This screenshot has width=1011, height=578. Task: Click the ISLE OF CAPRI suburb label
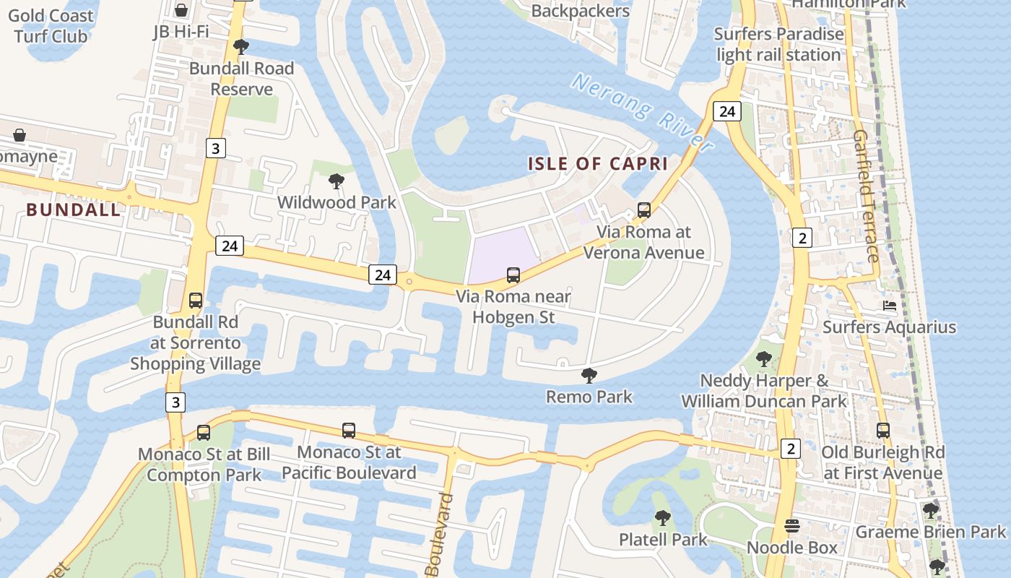(598, 163)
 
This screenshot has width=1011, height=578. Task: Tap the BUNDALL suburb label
(74, 210)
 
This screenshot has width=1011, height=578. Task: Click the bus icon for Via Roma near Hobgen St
(513, 275)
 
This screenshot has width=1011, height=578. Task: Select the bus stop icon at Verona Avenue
(644, 210)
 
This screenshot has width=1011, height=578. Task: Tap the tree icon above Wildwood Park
(336, 181)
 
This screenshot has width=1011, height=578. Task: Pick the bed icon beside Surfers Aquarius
(890, 306)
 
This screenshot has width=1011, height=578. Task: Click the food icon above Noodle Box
(792, 526)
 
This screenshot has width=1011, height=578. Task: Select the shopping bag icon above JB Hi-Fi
(181, 10)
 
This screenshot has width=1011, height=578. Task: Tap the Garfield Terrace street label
(865, 196)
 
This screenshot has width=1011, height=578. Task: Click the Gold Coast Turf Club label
(51, 26)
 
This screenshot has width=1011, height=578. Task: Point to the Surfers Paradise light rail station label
(778, 44)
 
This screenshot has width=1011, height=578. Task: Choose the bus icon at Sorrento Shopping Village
(196, 301)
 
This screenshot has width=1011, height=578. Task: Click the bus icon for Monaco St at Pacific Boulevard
(349, 431)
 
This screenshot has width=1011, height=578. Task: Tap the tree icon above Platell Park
(662, 518)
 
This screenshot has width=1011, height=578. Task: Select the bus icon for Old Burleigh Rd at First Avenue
(883, 431)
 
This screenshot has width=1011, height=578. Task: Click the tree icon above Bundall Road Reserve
(241, 47)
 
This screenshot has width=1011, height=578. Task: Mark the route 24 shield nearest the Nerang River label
(726, 111)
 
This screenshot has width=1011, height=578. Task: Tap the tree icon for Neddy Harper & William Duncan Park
(763, 359)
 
